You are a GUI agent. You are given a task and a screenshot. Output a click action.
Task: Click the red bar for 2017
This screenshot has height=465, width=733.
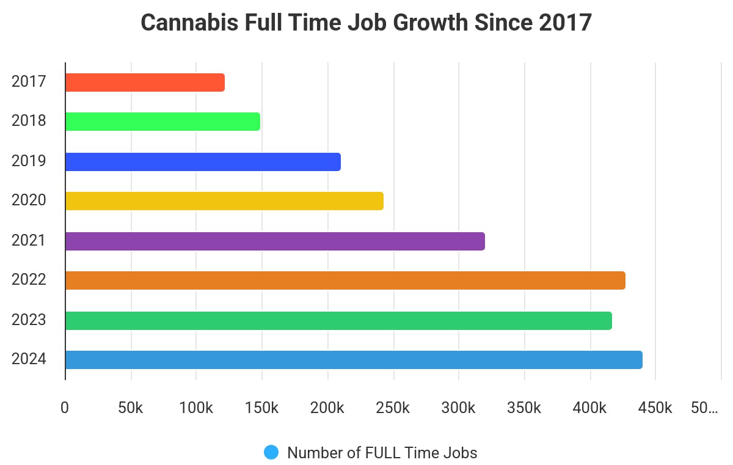(145, 82)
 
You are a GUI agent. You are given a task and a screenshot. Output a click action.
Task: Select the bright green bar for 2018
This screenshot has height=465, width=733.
(162, 122)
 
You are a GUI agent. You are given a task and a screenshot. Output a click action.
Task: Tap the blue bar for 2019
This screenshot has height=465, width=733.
(203, 162)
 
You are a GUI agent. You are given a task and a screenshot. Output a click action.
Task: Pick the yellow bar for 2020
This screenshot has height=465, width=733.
(224, 201)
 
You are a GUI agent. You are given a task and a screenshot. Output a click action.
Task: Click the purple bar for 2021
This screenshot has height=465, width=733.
(275, 241)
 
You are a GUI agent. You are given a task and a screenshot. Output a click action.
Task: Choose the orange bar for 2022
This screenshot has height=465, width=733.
(345, 280)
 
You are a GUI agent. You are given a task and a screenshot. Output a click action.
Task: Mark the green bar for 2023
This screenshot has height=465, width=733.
(338, 321)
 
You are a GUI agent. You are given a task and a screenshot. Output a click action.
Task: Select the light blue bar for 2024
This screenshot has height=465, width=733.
(354, 360)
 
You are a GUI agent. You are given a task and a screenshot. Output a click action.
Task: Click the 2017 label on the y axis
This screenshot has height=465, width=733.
(29, 82)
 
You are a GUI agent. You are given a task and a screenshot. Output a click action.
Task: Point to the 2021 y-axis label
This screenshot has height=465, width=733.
(29, 241)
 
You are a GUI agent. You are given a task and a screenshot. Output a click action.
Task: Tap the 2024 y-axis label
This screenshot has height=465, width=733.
(29, 359)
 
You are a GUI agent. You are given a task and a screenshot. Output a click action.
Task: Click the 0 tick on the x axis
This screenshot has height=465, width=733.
(65, 408)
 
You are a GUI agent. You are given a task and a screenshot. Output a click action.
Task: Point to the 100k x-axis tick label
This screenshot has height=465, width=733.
(196, 408)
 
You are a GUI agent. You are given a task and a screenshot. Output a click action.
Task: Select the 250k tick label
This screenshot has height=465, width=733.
(393, 408)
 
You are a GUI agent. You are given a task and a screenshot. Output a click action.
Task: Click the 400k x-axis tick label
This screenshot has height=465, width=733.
(590, 408)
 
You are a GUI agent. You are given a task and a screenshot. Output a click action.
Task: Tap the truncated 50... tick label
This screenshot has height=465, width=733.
(704, 408)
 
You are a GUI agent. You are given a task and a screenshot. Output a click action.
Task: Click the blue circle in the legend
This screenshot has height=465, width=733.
(271, 452)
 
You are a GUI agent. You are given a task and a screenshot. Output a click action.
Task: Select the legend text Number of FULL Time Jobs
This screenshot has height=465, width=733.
(382, 453)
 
